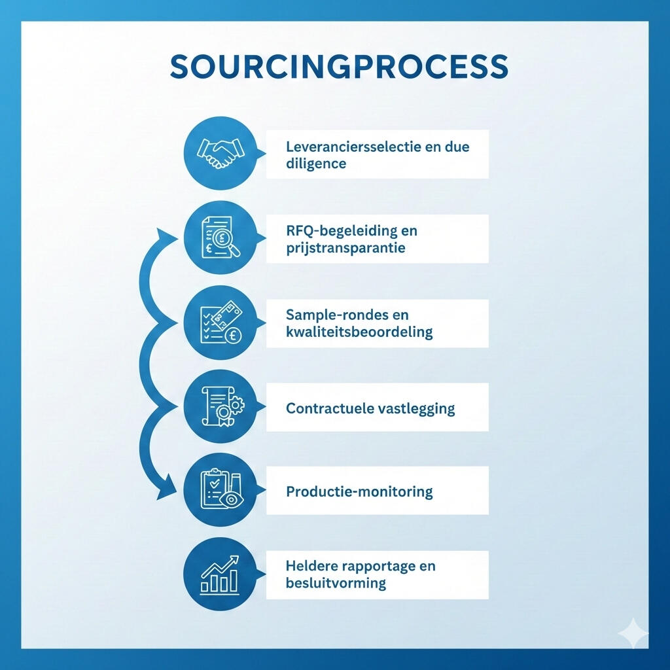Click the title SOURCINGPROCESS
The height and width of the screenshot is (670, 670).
pos(339,67)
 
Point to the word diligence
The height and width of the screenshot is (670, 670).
pos(316,164)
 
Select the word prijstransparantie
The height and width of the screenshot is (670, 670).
pos(345,248)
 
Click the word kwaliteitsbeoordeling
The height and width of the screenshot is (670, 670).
pos(359,332)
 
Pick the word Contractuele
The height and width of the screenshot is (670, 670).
pos(330,409)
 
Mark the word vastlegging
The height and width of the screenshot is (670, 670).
pos(417,409)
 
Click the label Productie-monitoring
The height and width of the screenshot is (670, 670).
pos(359,491)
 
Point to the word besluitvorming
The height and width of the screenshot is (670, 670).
pos(336,582)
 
